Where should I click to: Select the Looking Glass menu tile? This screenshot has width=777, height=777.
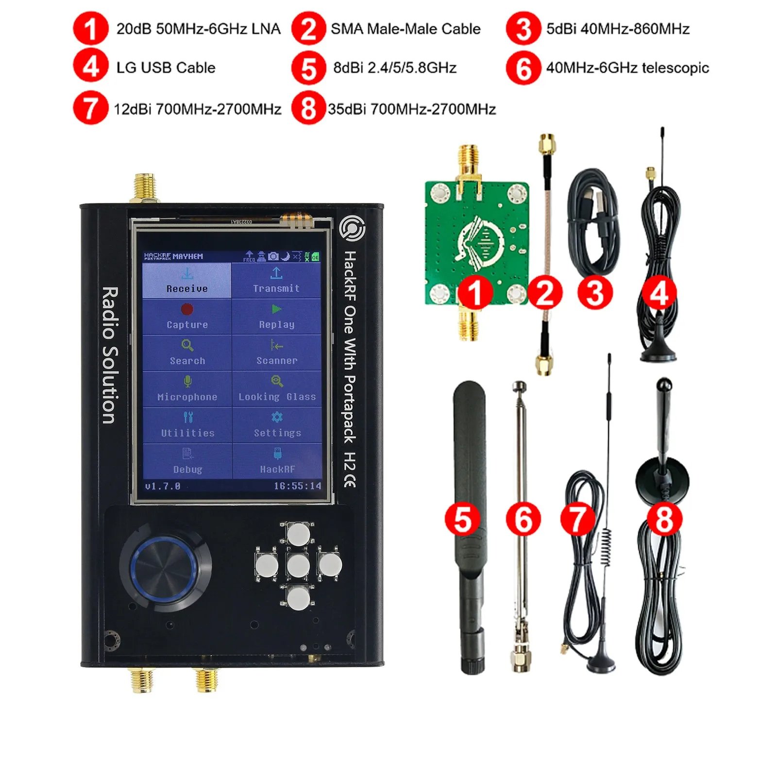(277, 388)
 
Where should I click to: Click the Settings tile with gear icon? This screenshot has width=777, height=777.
(277, 424)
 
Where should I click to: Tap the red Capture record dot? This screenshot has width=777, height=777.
(187, 309)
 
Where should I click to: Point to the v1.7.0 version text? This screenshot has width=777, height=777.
(163, 486)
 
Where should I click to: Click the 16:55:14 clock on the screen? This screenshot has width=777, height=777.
(297, 486)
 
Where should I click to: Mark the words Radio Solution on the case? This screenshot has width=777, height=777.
(110, 355)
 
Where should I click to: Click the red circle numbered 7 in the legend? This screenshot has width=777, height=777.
(90, 108)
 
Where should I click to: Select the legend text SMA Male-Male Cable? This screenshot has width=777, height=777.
(405, 29)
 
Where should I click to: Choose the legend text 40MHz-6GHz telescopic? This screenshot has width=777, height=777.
(627, 68)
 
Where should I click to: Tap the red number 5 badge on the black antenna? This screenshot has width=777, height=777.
(462, 519)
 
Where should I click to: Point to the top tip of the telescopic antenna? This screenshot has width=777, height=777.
(520, 387)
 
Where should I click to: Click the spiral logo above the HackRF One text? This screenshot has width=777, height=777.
(352, 228)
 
